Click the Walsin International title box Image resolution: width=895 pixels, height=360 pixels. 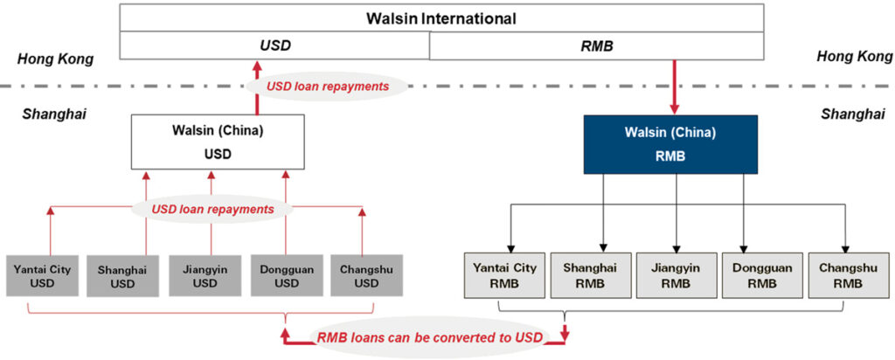point(441,17)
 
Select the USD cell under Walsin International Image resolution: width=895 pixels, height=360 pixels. point(274,45)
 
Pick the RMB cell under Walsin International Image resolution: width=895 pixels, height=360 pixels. point(597,45)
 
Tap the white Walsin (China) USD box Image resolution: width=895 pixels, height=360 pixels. point(219,142)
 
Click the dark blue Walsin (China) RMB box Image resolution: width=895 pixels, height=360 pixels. point(670,143)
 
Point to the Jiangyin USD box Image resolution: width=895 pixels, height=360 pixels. point(205,276)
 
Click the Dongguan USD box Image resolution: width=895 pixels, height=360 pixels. point(286,276)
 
